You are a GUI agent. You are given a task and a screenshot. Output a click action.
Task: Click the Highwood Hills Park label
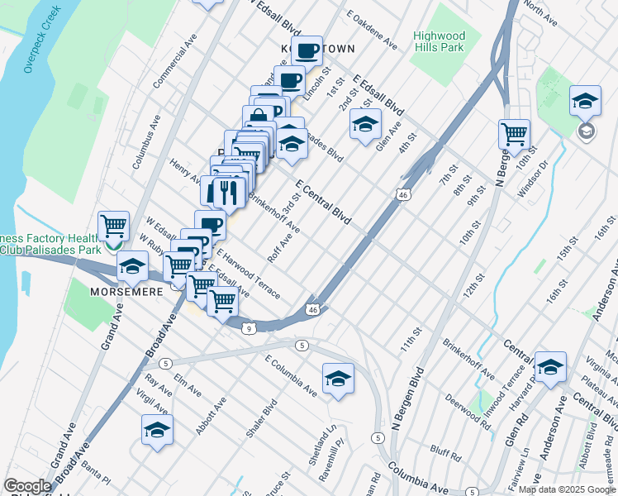tap(440, 42)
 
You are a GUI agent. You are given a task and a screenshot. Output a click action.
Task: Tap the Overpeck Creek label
tap(40, 41)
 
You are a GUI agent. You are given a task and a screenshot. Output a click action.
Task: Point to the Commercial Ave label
tap(174, 63)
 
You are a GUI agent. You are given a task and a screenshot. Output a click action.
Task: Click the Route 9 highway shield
tap(249, 328)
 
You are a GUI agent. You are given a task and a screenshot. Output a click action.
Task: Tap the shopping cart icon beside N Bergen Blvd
tap(514, 133)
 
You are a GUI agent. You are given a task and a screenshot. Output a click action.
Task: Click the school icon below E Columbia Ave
tap(338, 379)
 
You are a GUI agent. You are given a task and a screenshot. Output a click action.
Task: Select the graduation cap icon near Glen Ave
tap(364, 124)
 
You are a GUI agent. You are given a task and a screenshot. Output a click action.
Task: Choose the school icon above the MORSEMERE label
tap(131, 267)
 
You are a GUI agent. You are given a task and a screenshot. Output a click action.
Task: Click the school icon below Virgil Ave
tap(157, 430)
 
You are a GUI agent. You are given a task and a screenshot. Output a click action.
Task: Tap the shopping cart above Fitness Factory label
tap(113, 225)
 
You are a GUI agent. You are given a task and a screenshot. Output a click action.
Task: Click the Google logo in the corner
tap(27, 486)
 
